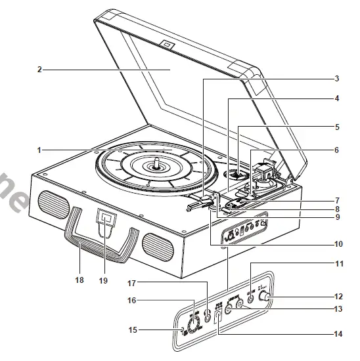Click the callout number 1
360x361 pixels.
point(39,150)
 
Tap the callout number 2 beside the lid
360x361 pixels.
point(39,68)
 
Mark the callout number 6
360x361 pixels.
point(336,150)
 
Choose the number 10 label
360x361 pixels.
point(339,244)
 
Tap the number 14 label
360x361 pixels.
point(338,333)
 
